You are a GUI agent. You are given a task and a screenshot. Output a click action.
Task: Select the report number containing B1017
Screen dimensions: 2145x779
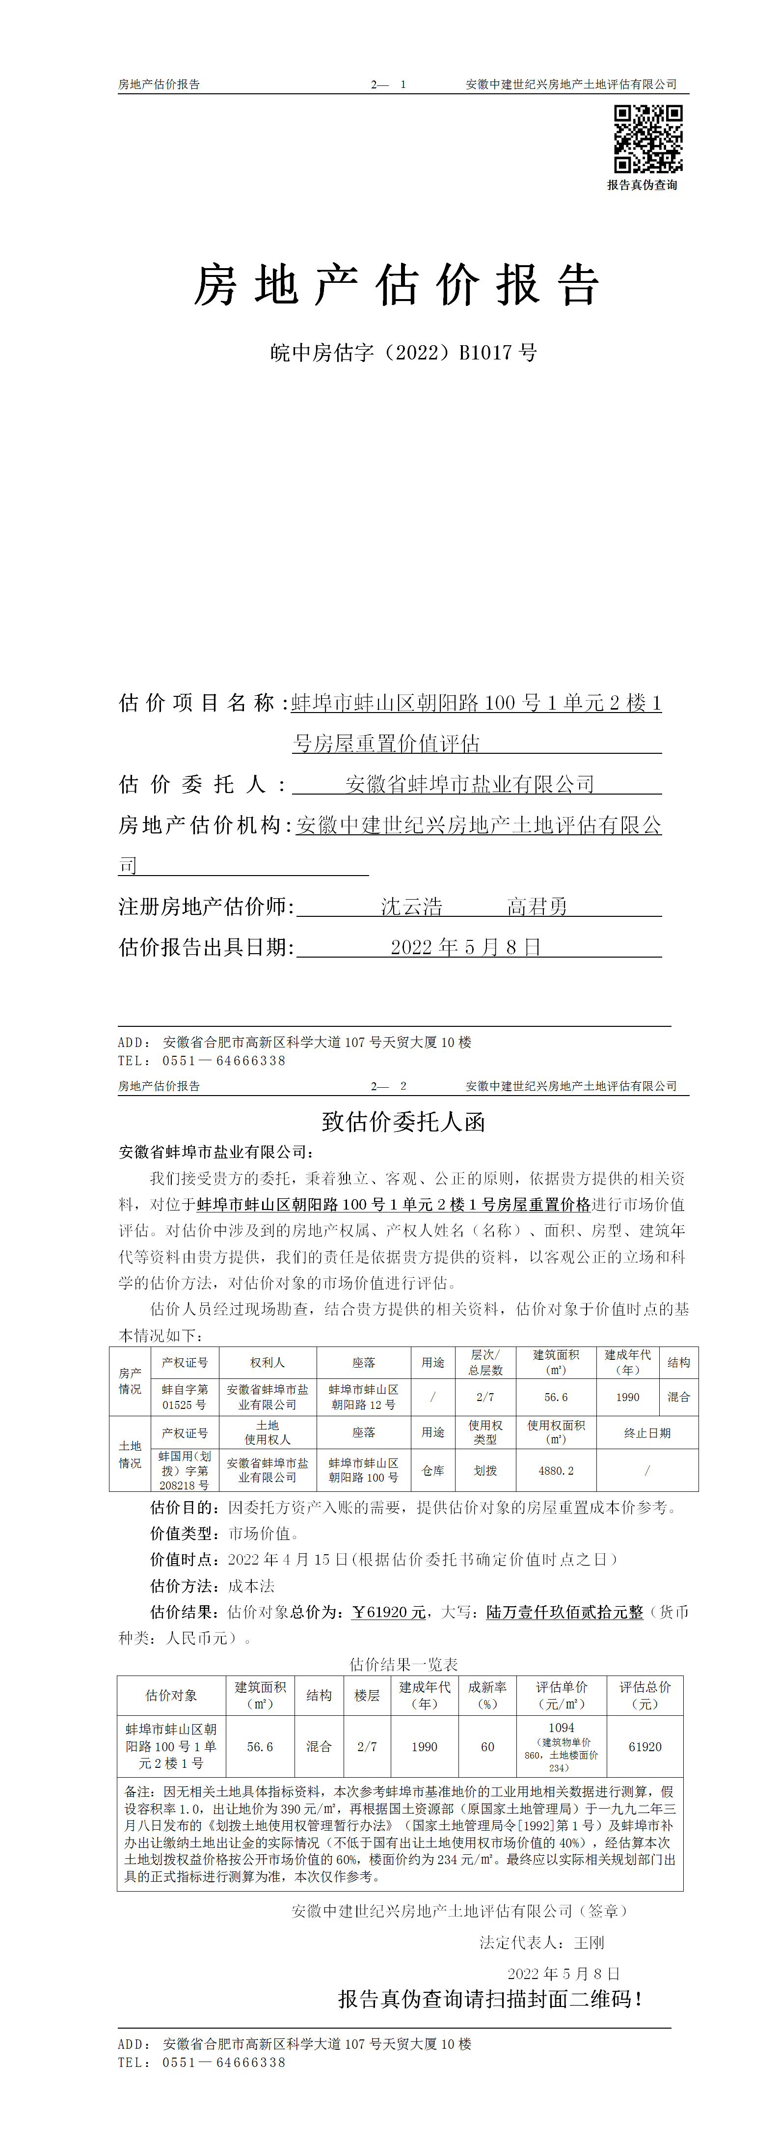point(403,352)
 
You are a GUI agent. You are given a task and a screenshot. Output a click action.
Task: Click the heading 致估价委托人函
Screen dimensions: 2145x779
point(403,1122)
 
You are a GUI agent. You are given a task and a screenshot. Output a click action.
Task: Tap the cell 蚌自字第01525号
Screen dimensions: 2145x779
point(184,1397)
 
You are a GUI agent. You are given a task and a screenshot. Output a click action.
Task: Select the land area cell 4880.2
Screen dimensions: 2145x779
point(556,1471)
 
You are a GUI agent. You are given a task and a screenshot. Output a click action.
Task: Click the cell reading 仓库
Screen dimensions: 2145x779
point(433,1471)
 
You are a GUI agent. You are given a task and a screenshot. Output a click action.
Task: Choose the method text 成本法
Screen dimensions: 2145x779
point(251,1586)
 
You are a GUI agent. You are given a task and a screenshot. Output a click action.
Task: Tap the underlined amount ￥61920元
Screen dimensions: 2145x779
point(389,1612)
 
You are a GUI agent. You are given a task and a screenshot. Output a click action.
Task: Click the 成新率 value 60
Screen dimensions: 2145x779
point(488,1747)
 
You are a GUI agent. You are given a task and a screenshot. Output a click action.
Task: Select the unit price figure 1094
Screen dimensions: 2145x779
point(561,1728)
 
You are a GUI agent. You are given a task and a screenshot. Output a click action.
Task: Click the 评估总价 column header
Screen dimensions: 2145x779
point(645,1695)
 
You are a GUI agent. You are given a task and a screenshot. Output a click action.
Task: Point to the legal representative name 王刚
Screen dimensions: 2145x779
point(589,1943)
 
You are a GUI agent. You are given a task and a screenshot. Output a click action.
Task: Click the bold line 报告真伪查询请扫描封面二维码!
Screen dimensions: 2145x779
point(490,1999)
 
